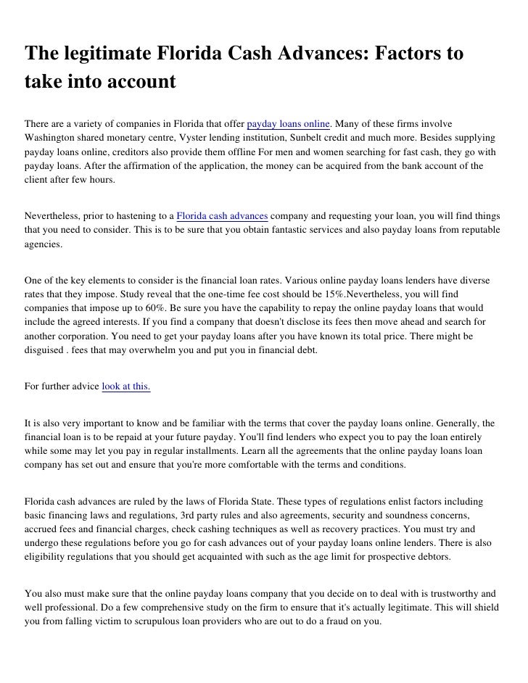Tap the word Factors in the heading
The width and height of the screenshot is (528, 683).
[413, 54]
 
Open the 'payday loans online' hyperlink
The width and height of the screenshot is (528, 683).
[289, 120]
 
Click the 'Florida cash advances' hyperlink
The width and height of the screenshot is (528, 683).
[223, 215]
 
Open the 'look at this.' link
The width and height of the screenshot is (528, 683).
[126, 386]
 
